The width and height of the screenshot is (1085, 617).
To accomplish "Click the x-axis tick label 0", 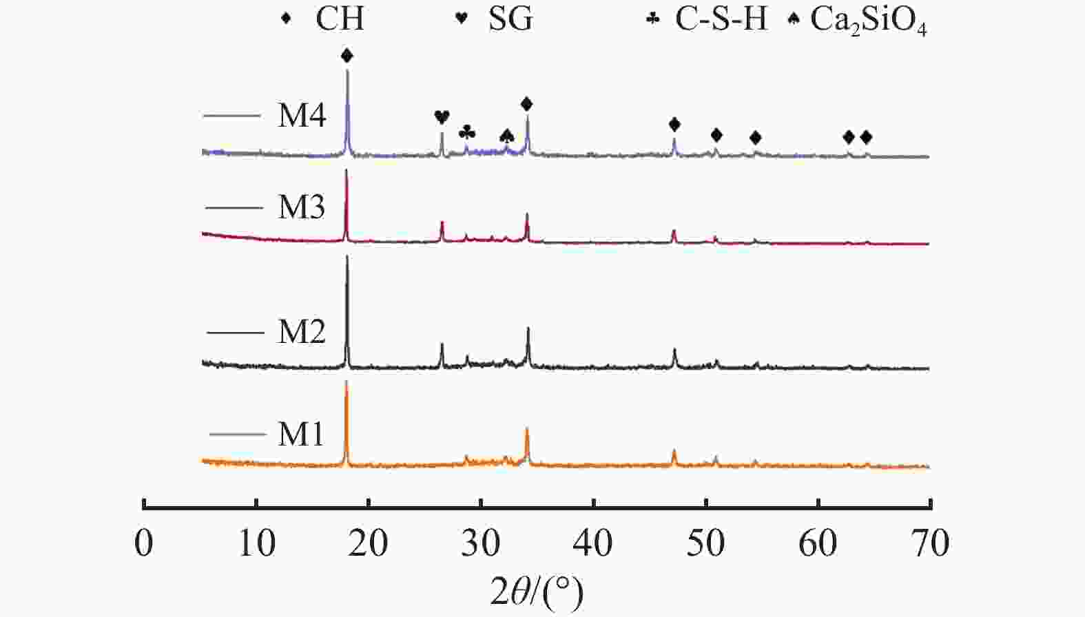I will coord(144,543).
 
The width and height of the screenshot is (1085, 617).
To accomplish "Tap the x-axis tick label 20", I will coord(368,543).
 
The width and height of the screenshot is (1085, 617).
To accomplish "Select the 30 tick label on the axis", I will coord(480,543).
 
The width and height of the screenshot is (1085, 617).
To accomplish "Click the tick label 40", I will coord(593,543).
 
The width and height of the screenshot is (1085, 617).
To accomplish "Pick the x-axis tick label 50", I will coord(705,543).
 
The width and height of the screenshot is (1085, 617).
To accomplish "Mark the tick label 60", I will coord(818,543).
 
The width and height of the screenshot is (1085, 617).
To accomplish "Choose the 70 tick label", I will coord(930,543).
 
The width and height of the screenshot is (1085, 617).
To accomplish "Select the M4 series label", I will coord(302,115).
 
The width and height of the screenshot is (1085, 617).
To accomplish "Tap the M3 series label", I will coord(301,207).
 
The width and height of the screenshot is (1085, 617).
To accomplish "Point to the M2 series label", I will coord(302,332).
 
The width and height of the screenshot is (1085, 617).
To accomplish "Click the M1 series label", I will coord(301,434).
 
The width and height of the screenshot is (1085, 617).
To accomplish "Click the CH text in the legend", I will coord(340,19).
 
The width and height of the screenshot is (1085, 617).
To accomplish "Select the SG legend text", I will coord(510,19).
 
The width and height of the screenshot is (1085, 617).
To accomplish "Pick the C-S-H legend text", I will coord(721,19).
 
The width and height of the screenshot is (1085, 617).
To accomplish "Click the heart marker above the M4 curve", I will coord(442,117).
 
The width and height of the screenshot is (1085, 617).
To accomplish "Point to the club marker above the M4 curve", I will coord(467,131).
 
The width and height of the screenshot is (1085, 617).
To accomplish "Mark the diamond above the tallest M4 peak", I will coord(347,56).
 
